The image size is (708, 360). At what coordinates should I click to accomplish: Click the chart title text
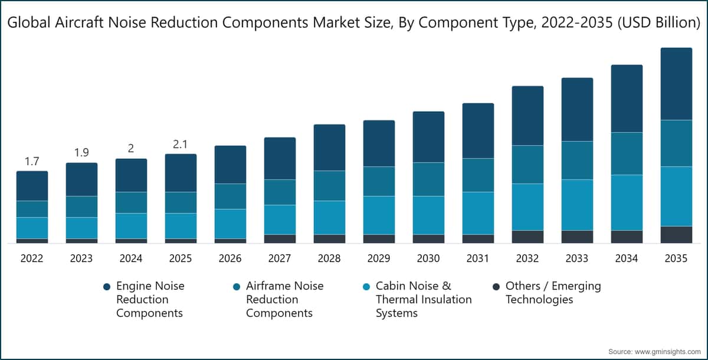(x=354, y=23)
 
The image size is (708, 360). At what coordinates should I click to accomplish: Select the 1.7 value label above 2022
(x=32, y=161)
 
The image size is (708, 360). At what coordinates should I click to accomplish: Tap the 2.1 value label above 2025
(x=181, y=144)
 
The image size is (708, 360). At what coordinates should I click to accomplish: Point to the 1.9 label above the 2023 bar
(x=81, y=153)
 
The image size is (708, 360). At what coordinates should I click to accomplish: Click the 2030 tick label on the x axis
(x=428, y=258)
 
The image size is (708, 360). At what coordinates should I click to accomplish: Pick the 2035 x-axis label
(x=676, y=258)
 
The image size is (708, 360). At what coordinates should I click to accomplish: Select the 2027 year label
(x=280, y=258)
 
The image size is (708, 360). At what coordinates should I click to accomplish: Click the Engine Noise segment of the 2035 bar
(x=676, y=84)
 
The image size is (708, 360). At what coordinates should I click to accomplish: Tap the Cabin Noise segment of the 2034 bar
(x=627, y=202)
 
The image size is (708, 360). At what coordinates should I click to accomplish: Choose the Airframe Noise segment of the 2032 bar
(x=527, y=164)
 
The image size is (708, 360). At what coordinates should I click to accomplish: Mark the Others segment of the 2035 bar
(x=676, y=234)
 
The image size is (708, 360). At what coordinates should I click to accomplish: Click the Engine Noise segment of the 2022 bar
(x=32, y=186)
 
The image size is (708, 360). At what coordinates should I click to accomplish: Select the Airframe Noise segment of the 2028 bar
(x=329, y=185)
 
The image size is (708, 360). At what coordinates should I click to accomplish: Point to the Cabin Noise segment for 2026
(x=230, y=224)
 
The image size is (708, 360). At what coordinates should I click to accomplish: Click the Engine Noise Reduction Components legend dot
(x=107, y=287)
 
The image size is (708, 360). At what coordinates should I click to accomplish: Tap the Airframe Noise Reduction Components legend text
(x=284, y=299)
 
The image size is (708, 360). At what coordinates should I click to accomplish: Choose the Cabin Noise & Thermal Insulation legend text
(x=423, y=299)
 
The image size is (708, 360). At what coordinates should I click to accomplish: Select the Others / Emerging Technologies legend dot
(x=496, y=287)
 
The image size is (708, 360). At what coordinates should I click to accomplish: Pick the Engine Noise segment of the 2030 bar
(x=428, y=136)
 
